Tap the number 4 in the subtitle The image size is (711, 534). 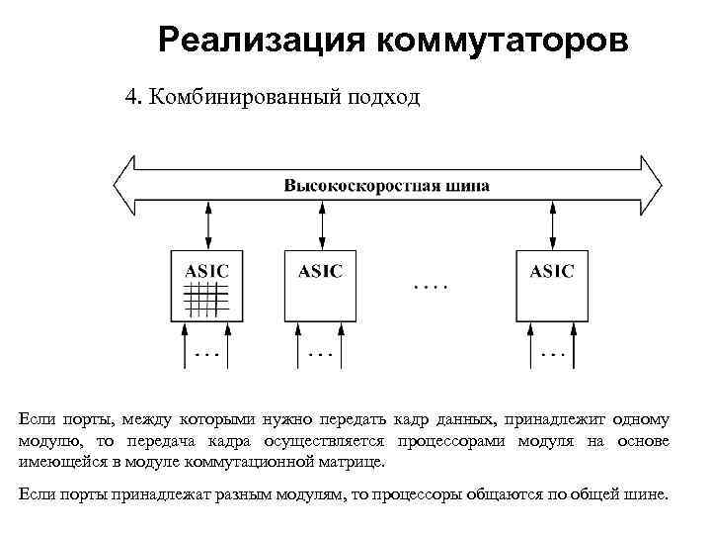tap(129, 97)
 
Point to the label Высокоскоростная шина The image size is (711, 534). tap(386, 185)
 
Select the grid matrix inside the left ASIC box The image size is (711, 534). tap(206, 298)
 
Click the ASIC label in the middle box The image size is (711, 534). tap(321, 271)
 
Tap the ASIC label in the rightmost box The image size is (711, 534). tap(551, 271)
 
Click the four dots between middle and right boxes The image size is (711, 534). tap(429, 287)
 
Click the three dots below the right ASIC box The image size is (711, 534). tap(553, 351)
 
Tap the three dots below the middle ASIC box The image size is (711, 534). tap(321, 351)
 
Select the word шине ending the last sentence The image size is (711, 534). tap(647, 493)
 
